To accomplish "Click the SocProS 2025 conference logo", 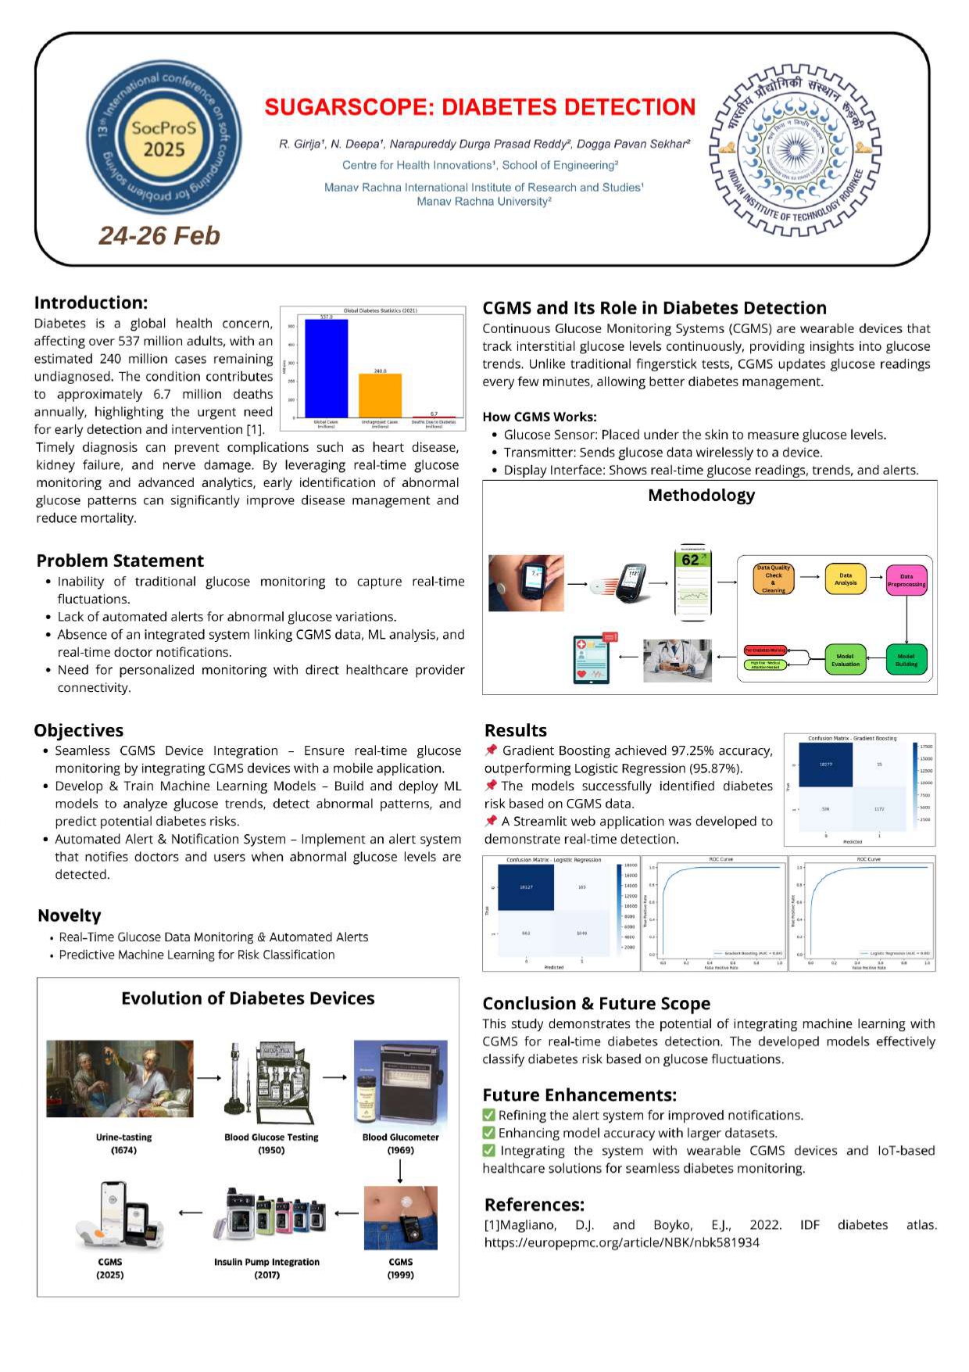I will pos(163,138).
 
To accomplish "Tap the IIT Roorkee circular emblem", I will pos(795,150).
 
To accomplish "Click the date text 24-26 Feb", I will pos(159,235).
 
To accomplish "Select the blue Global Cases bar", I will pos(326,368).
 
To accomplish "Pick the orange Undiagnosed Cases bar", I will pos(380,396).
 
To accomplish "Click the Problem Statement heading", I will pos(120,561).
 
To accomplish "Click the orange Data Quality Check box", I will pos(773,579).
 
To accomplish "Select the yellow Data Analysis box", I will pos(845,579).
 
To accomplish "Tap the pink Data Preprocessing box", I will pos(906,580).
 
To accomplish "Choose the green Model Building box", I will pos(906,660).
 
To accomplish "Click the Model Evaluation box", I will pos(845,660).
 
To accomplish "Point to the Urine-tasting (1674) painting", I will pos(120,1078).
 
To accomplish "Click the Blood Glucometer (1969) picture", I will pos(400,1081).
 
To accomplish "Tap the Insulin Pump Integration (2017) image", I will pos(269,1216).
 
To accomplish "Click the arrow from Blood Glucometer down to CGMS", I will pos(400,1170).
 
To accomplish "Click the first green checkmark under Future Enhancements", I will pos(489,1115).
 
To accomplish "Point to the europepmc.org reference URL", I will pos(621,1242).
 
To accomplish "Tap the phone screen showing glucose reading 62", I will pos(692,582).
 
